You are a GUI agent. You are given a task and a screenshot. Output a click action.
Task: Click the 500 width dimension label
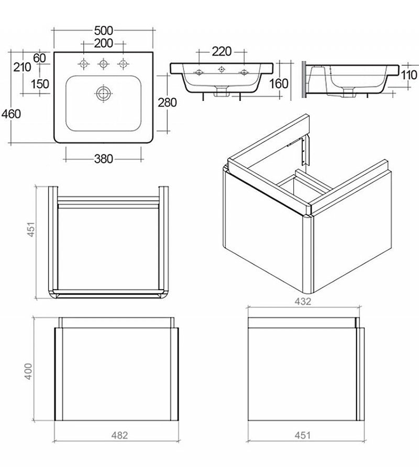(103, 31)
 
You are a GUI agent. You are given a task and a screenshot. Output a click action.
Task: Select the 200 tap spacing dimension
(103, 44)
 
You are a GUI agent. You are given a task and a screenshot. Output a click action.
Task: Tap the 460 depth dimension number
(11, 114)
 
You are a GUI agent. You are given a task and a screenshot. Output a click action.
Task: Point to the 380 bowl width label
(103, 159)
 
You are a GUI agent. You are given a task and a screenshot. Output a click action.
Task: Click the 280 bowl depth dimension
(167, 103)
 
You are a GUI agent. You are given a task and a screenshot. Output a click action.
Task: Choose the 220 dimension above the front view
(222, 51)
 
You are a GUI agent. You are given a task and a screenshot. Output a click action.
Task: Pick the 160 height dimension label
(279, 84)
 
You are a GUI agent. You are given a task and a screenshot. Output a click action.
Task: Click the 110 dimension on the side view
(409, 75)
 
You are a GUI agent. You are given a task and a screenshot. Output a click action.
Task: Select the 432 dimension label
(303, 301)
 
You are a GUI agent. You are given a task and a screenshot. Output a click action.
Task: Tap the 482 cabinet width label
(120, 435)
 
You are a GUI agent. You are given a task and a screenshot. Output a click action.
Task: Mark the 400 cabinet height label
(28, 371)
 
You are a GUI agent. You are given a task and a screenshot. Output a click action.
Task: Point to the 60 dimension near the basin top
(39, 58)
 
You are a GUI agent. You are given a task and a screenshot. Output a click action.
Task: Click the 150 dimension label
(40, 84)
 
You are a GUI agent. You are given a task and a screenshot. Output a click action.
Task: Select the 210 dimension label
(22, 68)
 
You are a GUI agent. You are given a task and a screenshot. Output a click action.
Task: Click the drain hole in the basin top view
(103, 93)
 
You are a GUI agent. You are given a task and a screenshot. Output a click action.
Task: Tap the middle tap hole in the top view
(103, 64)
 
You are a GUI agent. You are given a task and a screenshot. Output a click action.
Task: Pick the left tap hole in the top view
(83, 64)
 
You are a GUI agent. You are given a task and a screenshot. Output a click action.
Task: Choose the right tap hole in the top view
(123, 64)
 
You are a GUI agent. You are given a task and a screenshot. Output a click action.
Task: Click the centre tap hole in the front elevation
(221, 69)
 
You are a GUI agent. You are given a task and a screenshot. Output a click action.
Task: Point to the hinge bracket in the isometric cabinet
(303, 151)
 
